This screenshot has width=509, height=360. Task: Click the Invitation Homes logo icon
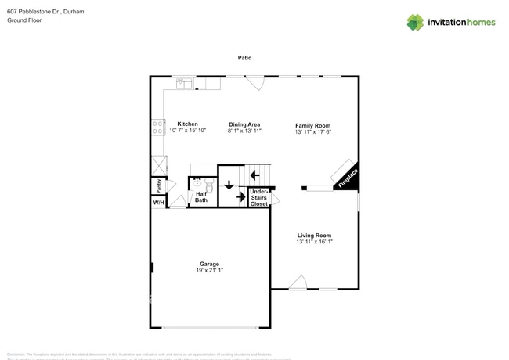pos(415,22)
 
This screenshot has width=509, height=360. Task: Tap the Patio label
pos(245,58)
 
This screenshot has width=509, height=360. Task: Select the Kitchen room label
pos(187,124)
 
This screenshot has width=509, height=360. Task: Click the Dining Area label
pos(244,124)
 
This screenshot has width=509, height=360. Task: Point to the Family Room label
pos(312,125)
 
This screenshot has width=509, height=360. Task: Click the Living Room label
pos(313,236)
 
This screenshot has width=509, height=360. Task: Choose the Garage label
pos(209,264)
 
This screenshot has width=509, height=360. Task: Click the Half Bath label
pos(201,197)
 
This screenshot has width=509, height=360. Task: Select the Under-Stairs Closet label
pos(259,197)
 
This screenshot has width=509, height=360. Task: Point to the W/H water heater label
pos(158,203)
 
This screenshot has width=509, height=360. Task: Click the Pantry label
pos(159,185)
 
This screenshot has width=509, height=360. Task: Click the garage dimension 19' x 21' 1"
pos(209,271)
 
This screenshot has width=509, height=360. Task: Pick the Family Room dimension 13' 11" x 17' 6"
pos(312,131)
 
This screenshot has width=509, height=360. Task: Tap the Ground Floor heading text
pos(23,21)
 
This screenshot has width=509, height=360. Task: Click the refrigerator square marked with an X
pos(159,165)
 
